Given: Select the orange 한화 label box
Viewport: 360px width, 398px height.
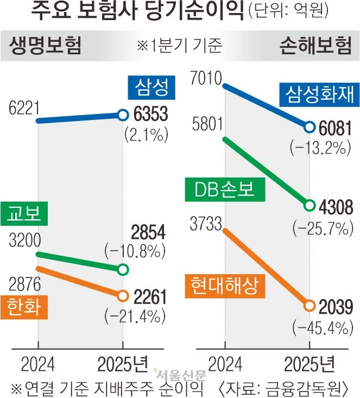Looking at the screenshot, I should tap(24, 308).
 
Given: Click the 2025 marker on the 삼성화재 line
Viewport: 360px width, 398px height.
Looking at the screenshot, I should tap(310, 127).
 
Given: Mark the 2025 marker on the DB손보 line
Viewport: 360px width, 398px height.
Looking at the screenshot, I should tap(310, 206).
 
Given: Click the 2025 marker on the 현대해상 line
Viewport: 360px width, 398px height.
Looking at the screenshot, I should tap(310, 305).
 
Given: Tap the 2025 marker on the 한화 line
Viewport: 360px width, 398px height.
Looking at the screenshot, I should tap(123, 296).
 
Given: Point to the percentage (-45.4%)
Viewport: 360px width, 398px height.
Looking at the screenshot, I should tap(319, 327).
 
